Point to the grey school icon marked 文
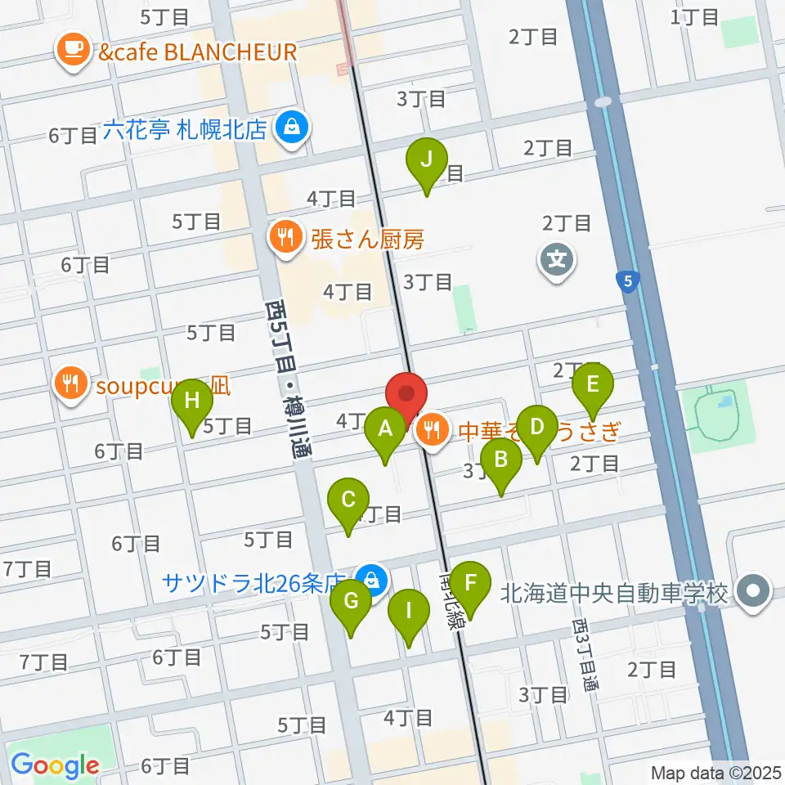557,262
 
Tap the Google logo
55,765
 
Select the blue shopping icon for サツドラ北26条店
372,581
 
